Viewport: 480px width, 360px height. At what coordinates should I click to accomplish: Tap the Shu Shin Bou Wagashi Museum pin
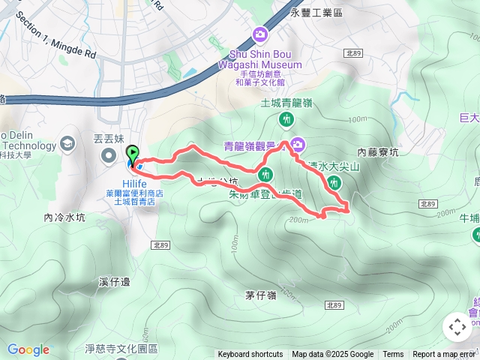click(x=260, y=34)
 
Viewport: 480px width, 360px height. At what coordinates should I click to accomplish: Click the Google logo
click(x=28, y=349)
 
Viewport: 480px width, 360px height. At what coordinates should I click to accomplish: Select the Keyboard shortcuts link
click(x=250, y=355)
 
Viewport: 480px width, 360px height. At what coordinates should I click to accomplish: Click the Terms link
click(x=393, y=355)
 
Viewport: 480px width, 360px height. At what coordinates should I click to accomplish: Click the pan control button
click(x=457, y=327)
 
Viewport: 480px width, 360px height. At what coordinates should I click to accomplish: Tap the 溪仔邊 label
click(x=115, y=282)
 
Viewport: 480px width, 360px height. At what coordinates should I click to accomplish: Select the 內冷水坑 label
click(x=65, y=218)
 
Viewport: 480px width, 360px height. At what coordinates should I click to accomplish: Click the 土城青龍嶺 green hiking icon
click(x=286, y=119)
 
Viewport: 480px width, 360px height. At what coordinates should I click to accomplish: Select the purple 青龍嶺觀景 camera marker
click(x=298, y=144)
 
